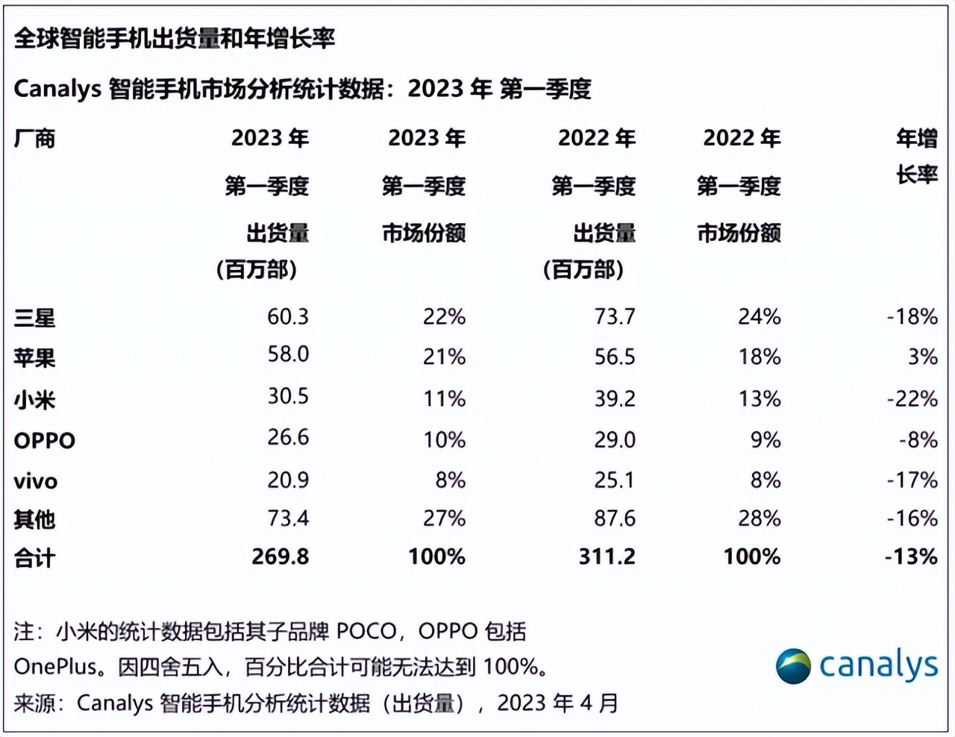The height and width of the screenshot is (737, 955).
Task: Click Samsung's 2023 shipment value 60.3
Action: pyautogui.click(x=288, y=317)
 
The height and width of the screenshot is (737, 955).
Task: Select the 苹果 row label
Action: pyautogui.click(x=34, y=358)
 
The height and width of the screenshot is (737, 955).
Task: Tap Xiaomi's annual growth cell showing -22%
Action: pyautogui.click(x=912, y=398)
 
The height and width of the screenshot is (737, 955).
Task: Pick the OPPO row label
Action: pyautogui.click(x=45, y=440)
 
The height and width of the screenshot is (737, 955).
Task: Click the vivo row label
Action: pyautogui.click(x=36, y=481)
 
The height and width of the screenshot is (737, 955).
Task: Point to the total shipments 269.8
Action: pyautogui.click(x=280, y=556)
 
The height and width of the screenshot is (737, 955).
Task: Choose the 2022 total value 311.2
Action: pyautogui.click(x=607, y=556)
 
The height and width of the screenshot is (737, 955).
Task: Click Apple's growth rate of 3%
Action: pyautogui.click(x=922, y=357)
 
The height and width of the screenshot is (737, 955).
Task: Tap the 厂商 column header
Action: pyautogui.click(x=34, y=139)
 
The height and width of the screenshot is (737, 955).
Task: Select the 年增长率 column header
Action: pyautogui.click(x=916, y=157)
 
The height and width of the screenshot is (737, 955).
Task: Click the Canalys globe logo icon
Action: pyautogui.click(x=792, y=666)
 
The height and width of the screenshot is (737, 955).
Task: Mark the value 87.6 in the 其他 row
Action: pyautogui.click(x=615, y=518)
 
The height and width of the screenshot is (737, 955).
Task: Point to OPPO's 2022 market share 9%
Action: pyautogui.click(x=765, y=440)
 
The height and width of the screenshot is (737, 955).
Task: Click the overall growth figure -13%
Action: pyautogui.click(x=911, y=556)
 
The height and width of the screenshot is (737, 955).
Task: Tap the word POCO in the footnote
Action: pyautogui.click(x=366, y=632)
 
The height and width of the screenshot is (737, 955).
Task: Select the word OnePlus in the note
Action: pyautogui.click(x=55, y=666)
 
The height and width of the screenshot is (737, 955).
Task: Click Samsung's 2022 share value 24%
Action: pyautogui.click(x=759, y=317)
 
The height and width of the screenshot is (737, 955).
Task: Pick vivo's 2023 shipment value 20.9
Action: pyautogui.click(x=288, y=480)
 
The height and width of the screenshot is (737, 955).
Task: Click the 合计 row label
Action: pyautogui.click(x=34, y=558)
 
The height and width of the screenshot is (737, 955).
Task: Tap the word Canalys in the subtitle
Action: pyautogui.click(x=57, y=89)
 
